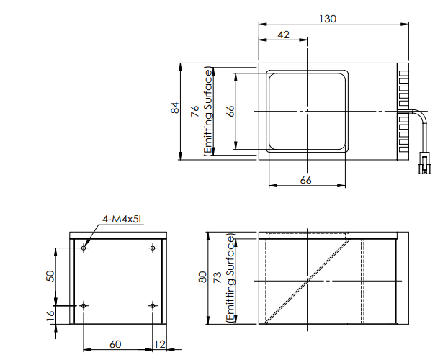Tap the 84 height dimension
point(174,109)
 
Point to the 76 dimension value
point(194,110)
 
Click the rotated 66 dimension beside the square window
point(230,110)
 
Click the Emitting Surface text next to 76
point(209,111)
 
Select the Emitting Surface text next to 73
point(230,278)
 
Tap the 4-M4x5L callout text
point(123,219)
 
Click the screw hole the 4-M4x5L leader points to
point(85,248)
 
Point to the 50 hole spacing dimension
point(50,276)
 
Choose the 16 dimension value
point(50,315)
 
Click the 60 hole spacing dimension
point(115,344)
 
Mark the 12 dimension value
point(159,344)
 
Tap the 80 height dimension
point(202,278)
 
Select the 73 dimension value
point(220,278)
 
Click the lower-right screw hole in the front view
point(152,306)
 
